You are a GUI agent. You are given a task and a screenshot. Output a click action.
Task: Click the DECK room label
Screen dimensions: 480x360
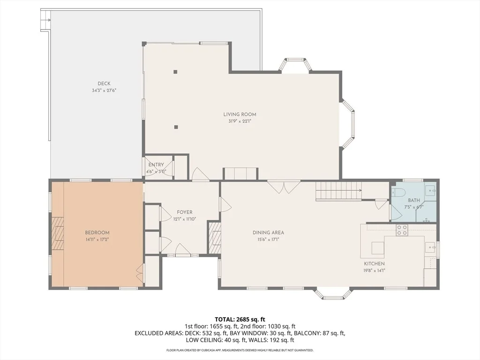pyautogui.click(x=104, y=83)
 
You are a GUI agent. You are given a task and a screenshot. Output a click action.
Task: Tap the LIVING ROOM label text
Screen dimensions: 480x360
pyautogui.click(x=240, y=114)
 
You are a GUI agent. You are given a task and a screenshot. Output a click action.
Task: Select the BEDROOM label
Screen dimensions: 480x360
pyautogui.click(x=97, y=232)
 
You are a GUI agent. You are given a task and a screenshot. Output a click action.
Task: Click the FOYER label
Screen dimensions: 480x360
pyautogui.click(x=185, y=212)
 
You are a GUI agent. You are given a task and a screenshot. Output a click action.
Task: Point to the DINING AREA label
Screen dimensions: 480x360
pyautogui.click(x=268, y=232)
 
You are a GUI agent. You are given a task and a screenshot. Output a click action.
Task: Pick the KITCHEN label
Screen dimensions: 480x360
pyautogui.click(x=374, y=263)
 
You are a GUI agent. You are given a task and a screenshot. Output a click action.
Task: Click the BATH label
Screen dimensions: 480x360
pyautogui.click(x=414, y=200)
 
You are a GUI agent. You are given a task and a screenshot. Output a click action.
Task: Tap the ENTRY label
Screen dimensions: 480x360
pyautogui.click(x=156, y=165)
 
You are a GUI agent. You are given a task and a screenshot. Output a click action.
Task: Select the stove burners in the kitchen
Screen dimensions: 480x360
pyautogui.click(x=402, y=230)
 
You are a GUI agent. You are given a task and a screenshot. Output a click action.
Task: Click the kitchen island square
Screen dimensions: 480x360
pyautogui.click(x=378, y=247)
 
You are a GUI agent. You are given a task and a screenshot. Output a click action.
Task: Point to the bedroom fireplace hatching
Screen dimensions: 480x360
pyautogui.click(x=58, y=233)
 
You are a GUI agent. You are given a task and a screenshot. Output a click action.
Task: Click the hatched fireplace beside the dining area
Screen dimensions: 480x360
pyautogui.click(x=214, y=238)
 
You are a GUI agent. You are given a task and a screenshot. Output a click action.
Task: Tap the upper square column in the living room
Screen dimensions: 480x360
pyautogui.click(x=175, y=72)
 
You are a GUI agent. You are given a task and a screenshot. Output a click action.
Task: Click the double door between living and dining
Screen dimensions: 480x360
pyautogui.click(x=284, y=187)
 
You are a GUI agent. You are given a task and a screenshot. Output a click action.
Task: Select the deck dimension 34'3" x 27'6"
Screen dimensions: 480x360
pyautogui.click(x=104, y=90)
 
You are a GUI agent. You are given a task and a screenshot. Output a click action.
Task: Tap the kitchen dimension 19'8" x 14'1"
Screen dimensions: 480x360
pyautogui.click(x=374, y=270)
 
